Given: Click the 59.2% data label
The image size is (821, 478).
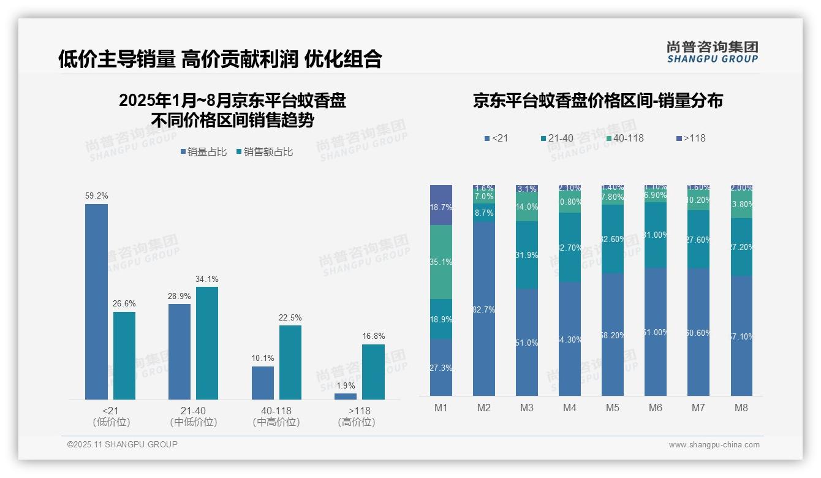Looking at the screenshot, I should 96,196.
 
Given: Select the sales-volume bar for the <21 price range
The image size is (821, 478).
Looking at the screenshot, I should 96,302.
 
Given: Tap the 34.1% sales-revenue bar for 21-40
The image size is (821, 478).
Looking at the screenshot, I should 207,343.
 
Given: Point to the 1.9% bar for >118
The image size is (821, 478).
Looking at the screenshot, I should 346,396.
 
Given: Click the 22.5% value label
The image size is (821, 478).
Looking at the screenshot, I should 290,317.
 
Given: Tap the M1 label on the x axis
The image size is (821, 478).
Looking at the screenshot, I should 441,408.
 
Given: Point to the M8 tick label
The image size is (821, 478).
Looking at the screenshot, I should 741,408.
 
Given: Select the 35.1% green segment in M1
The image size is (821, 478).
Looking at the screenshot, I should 441,262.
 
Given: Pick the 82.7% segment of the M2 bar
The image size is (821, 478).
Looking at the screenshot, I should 484,309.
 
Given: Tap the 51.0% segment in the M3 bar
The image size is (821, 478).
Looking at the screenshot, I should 526,342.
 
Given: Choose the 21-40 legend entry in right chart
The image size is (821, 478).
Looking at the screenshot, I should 557,138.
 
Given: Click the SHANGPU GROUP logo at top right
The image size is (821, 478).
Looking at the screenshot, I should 712,51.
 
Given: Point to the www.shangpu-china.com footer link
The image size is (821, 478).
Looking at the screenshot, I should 714,445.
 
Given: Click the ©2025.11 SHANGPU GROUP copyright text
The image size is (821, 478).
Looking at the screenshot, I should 123,444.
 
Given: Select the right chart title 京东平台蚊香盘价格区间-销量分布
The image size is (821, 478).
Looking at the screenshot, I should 597,101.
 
